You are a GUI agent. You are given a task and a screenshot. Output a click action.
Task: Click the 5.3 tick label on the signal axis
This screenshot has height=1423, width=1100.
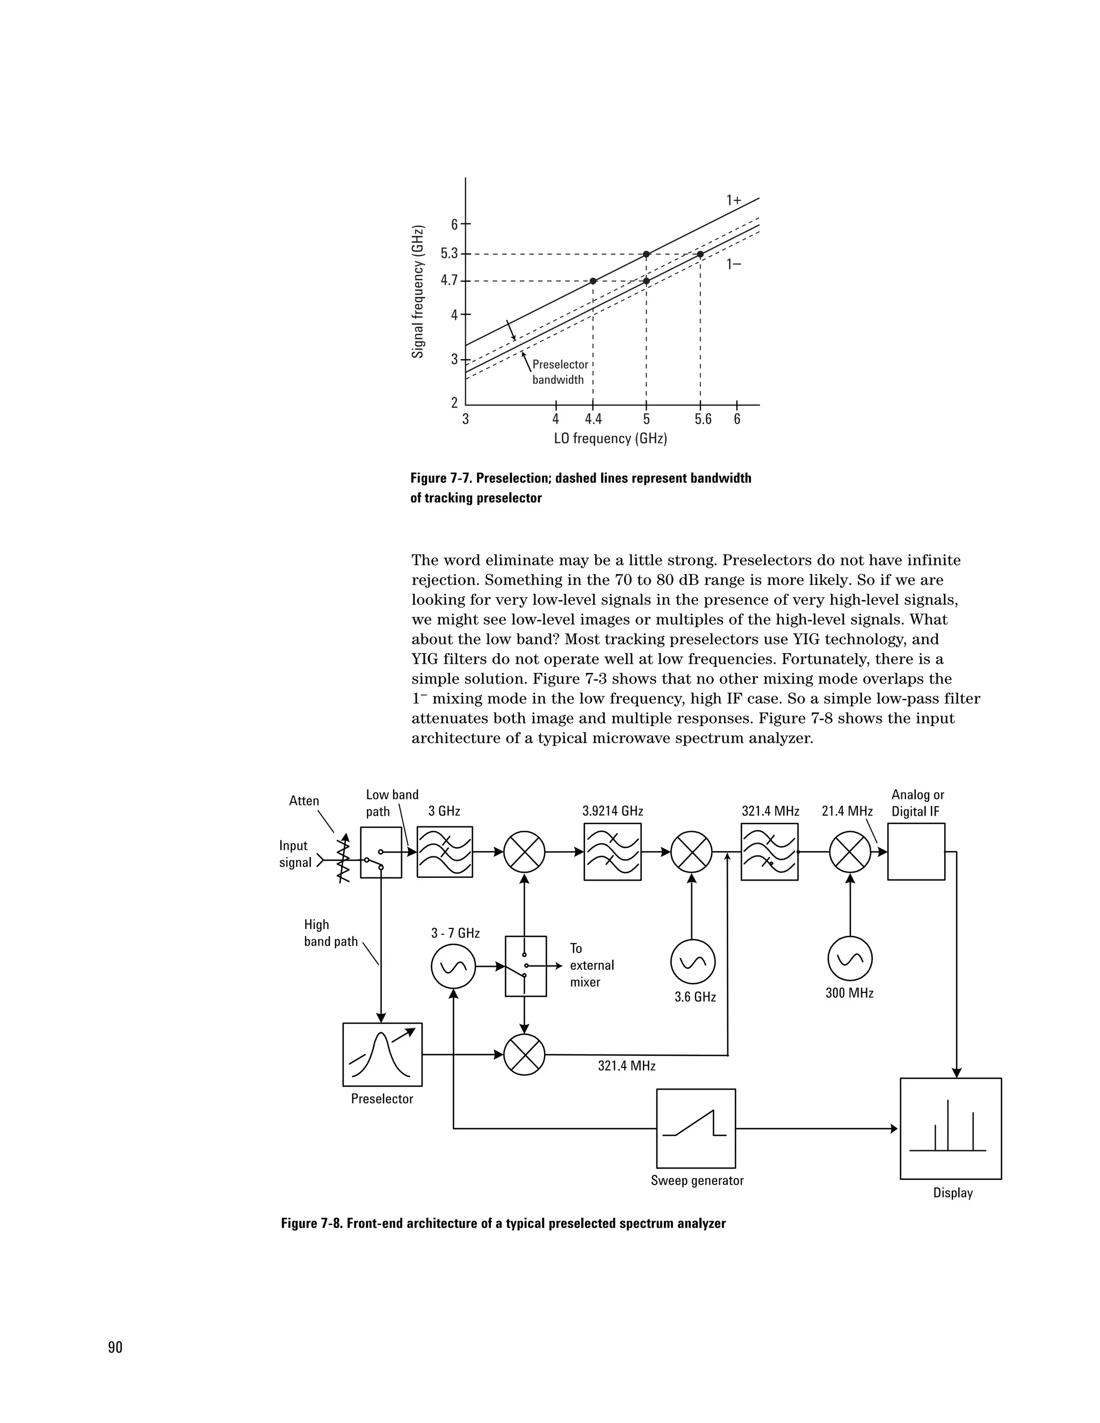click(450, 253)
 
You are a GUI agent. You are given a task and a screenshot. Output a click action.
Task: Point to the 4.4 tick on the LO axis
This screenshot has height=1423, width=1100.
click(593, 419)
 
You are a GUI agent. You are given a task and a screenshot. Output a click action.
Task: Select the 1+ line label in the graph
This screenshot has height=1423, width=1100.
click(734, 201)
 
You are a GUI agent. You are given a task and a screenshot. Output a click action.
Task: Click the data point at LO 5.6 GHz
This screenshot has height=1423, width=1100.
click(700, 254)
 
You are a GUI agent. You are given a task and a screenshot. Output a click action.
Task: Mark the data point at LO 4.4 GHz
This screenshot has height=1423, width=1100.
click(593, 281)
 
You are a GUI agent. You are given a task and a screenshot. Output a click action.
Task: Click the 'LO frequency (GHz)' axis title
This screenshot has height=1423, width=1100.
click(611, 439)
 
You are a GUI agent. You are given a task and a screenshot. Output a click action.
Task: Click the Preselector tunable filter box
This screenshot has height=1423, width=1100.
click(382, 1054)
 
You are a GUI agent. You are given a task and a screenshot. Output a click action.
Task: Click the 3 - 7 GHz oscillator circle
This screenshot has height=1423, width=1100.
click(453, 967)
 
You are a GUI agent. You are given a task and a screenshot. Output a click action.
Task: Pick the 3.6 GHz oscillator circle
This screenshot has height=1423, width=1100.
click(693, 962)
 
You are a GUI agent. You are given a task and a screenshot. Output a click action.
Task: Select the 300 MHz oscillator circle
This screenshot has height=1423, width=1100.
click(850, 958)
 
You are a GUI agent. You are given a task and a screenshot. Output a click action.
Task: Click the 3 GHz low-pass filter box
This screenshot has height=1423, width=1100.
click(444, 852)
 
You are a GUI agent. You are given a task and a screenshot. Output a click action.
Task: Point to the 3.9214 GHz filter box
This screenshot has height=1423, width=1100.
click(612, 852)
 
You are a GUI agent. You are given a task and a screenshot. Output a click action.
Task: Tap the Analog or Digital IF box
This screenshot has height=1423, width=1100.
click(916, 852)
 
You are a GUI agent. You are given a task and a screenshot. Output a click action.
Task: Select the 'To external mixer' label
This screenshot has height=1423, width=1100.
click(591, 965)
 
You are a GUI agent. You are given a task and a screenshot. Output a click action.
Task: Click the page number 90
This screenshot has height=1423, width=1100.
click(115, 1347)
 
